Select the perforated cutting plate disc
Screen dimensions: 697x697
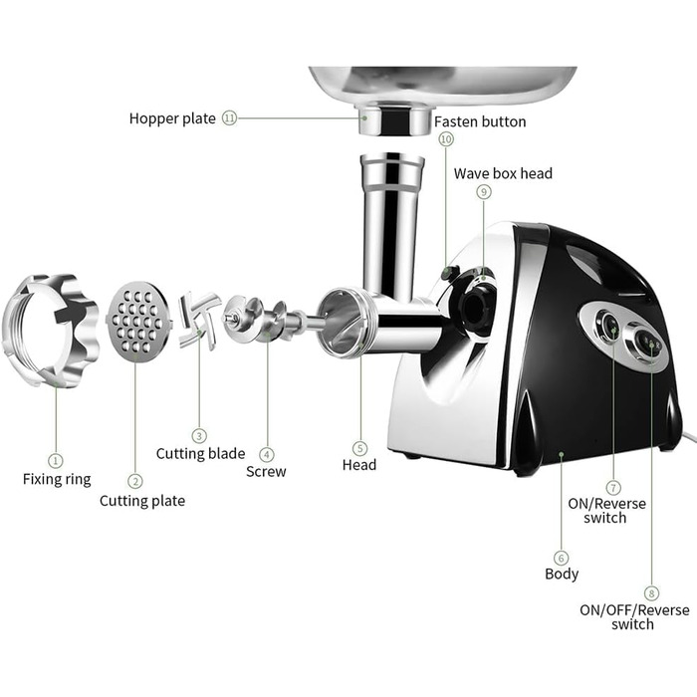click(138, 322)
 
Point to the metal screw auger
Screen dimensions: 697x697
click(267, 320)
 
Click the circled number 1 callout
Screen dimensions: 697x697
click(56, 460)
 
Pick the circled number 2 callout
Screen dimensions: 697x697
click(135, 481)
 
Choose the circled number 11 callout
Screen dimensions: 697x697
click(229, 118)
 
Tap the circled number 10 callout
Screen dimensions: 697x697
click(446, 139)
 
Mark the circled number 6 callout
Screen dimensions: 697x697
click(561, 558)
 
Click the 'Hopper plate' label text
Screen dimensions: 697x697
click(172, 118)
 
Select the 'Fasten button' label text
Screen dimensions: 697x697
click(480, 121)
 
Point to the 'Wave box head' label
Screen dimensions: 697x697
click(503, 173)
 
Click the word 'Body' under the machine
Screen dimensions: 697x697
click(562, 574)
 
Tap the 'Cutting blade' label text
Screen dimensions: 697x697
click(200, 453)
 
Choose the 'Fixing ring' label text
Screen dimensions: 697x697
click(57, 479)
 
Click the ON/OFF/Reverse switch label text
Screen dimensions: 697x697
click(634, 617)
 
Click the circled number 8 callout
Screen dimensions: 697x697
click(651, 593)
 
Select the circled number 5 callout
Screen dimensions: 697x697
click(360, 448)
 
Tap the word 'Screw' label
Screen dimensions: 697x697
click(266, 472)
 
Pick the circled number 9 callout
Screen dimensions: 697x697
click(484, 192)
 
